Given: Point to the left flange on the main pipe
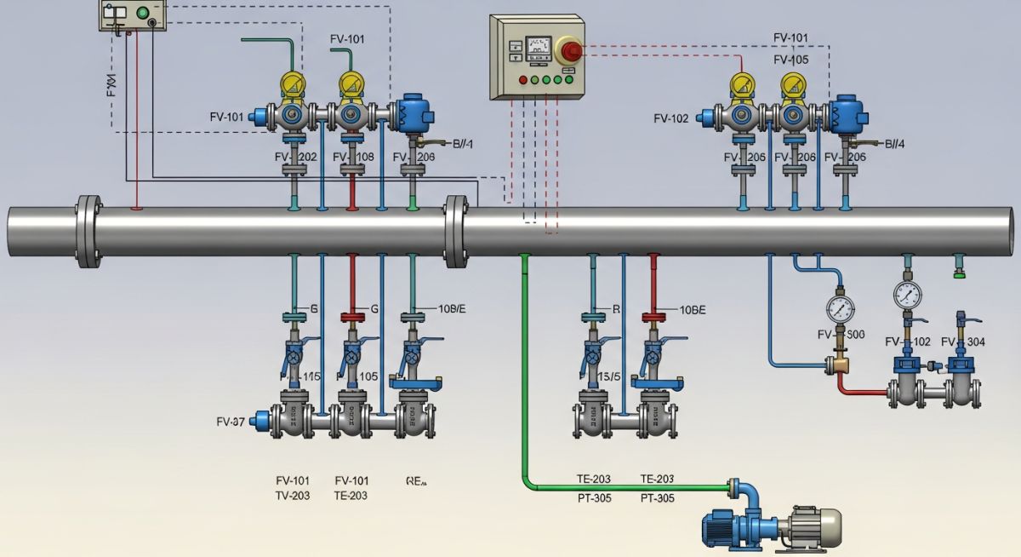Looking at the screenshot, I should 88,230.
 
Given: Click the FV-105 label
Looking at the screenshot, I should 790,60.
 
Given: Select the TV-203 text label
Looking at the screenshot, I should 292,496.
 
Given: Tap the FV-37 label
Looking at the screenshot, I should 231,422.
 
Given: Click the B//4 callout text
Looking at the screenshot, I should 894,144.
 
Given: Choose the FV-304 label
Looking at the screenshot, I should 963,342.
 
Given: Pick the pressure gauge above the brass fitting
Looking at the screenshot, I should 840,306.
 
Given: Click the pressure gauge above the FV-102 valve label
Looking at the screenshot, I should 908,295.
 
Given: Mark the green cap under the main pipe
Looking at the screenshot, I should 959,273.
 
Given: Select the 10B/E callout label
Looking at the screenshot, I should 451,309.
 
